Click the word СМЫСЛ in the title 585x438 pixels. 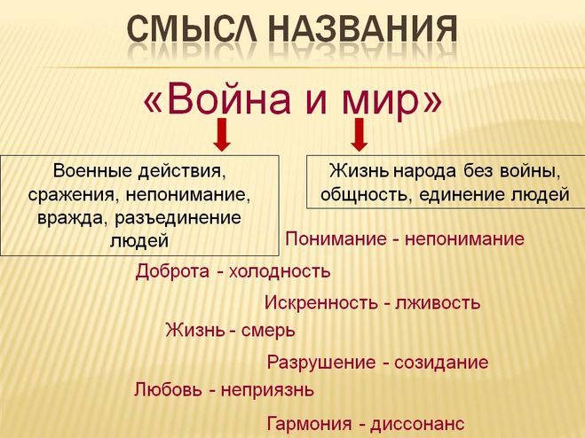tap(192, 28)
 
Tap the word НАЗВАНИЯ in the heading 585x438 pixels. tap(363, 28)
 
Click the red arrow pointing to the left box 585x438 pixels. tap(222, 135)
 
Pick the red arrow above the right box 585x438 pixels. tap(360, 135)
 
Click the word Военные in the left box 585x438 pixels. tap(92, 171)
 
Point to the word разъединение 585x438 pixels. tap(178, 218)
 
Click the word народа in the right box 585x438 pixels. tap(424, 171)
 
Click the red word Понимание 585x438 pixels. tap(336, 239)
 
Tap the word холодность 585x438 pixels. tap(280, 271)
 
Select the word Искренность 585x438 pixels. tap(321, 302)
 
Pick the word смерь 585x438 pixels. tap(268, 331)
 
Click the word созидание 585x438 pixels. tap(441, 363)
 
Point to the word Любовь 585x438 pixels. tap(168, 390)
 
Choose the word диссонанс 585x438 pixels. tap(417, 424)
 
